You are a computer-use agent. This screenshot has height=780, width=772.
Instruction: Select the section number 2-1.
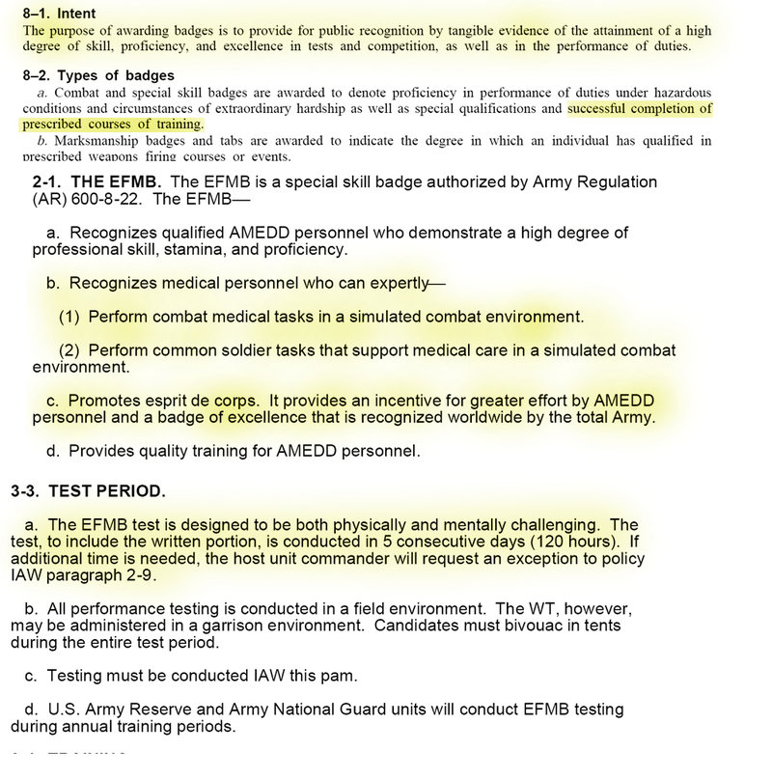point(47,181)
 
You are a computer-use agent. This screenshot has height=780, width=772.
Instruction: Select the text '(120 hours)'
point(569,542)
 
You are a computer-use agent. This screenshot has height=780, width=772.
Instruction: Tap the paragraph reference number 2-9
point(140,575)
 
